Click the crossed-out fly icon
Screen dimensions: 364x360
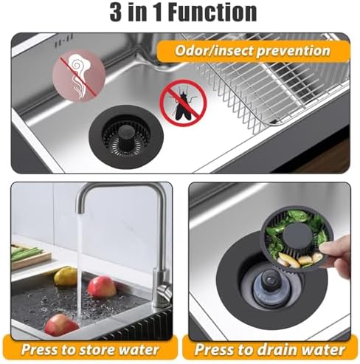pos(182,103)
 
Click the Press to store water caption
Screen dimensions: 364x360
pos(89,348)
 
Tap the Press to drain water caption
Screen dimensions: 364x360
pos(270,348)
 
